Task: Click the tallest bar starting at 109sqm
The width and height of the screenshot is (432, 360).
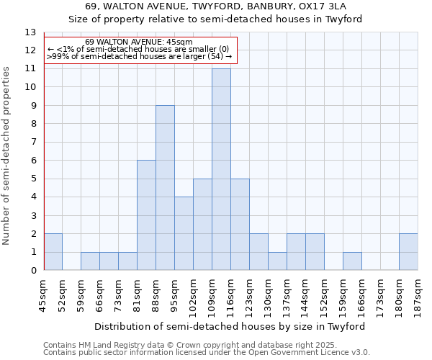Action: [221, 169]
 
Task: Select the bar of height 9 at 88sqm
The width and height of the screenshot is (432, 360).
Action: [165, 188]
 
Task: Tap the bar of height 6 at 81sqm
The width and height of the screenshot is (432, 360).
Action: [146, 215]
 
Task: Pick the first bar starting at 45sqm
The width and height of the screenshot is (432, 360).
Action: [53, 252]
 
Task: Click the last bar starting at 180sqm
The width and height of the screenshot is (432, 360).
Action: [408, 252]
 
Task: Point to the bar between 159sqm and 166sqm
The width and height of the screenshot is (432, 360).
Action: [352, 261]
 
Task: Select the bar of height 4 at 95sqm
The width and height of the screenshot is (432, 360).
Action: [184, 233]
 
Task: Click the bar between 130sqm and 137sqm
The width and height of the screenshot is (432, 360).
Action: [277, 261]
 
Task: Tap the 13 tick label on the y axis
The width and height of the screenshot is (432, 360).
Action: [30, 32]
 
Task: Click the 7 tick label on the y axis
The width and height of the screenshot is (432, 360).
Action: [33, 142]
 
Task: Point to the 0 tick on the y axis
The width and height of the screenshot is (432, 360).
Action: [33, 271]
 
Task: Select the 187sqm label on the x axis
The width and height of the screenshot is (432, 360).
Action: [418, 295]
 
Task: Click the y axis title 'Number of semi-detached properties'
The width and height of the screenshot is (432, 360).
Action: [7, 156]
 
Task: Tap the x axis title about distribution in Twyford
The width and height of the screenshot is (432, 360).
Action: [231, 326]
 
